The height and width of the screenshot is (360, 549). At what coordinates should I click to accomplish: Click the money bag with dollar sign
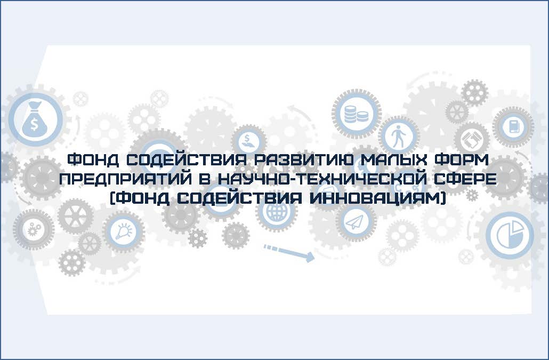tap(34, 119)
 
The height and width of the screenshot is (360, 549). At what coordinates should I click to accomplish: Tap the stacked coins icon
tap(356, 114)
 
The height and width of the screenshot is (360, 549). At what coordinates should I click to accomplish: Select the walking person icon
tap(398, 136)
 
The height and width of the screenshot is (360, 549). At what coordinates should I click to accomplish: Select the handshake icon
tap(472, 139)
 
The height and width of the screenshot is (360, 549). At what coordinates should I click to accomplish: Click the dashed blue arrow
tap(289, 253)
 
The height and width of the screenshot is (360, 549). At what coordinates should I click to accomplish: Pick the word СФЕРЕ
tap(465, 179)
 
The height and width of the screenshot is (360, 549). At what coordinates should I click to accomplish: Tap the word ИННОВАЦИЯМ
tap(376, 198)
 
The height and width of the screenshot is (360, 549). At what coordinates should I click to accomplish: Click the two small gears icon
tap(34, 229)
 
